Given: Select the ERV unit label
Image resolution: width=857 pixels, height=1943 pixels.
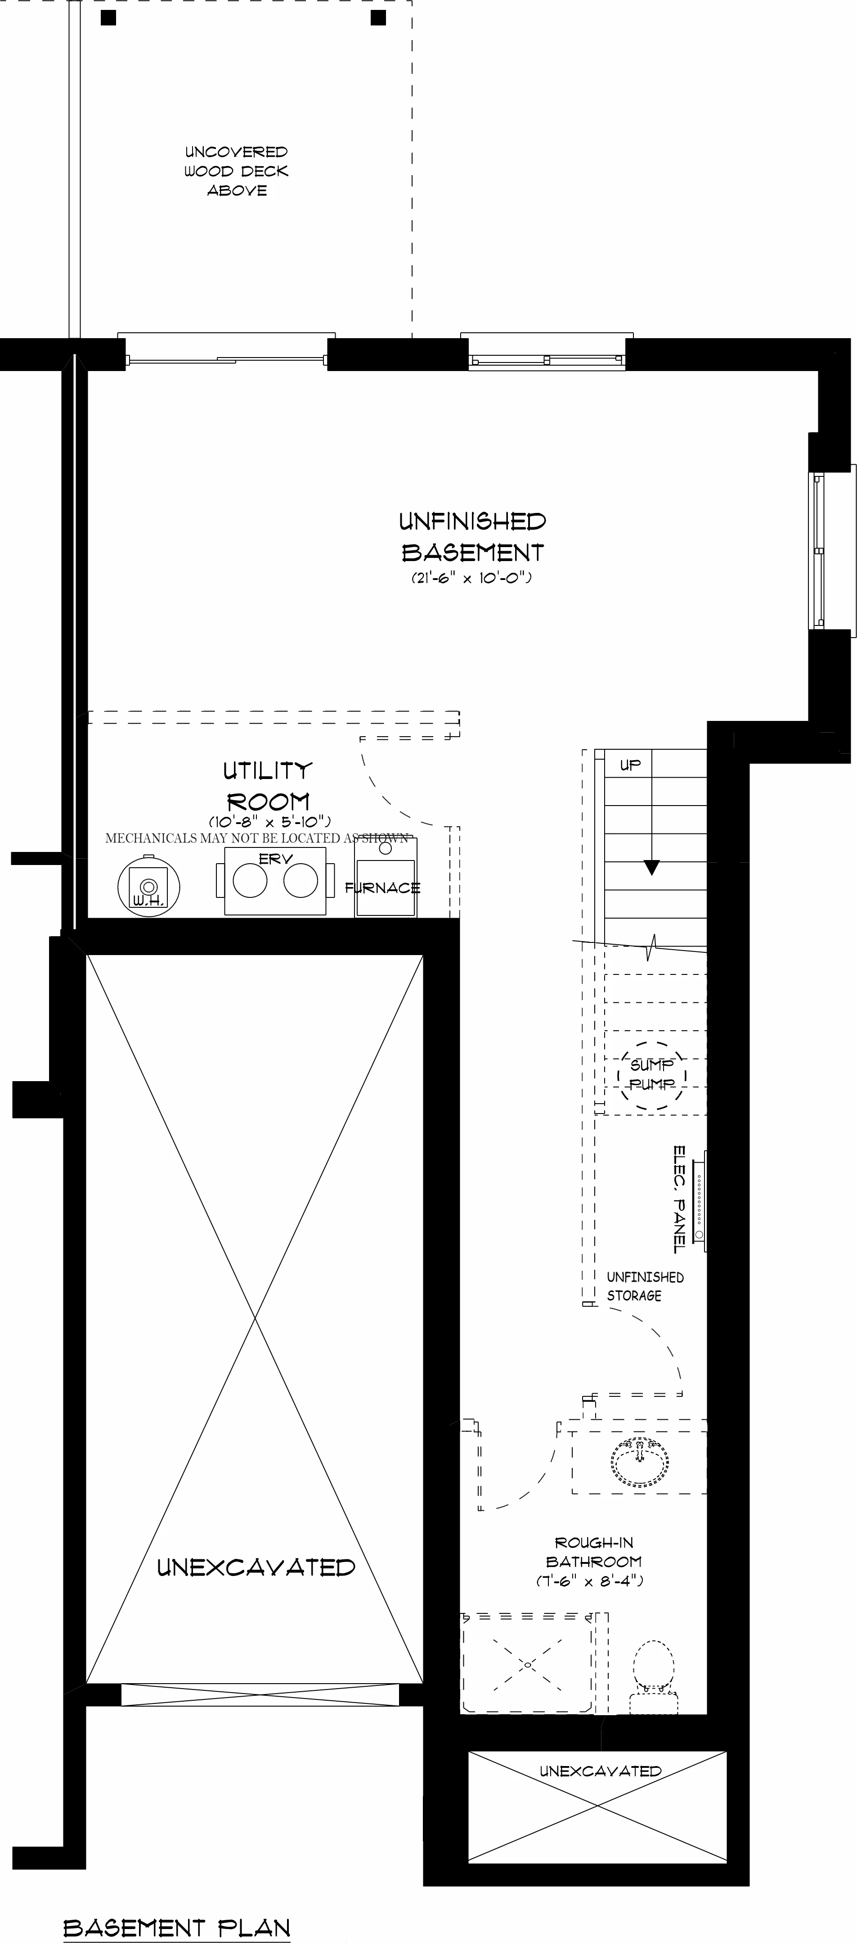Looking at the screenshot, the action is [276, 858].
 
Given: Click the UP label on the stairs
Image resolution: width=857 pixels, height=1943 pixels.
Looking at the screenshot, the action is [630, 765].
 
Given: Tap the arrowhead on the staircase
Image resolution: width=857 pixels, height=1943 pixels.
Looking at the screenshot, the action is [651, 867].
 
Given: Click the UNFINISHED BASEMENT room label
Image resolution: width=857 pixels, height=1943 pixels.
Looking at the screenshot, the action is [473, 537].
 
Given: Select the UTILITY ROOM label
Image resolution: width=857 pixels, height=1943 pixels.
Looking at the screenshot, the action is [268, 786].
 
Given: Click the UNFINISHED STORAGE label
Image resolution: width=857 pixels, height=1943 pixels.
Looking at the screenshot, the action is [645, 1286].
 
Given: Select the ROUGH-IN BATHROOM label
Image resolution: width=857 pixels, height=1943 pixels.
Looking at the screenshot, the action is [594, 1561].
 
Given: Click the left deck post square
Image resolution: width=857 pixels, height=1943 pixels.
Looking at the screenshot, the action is [108, 18].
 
